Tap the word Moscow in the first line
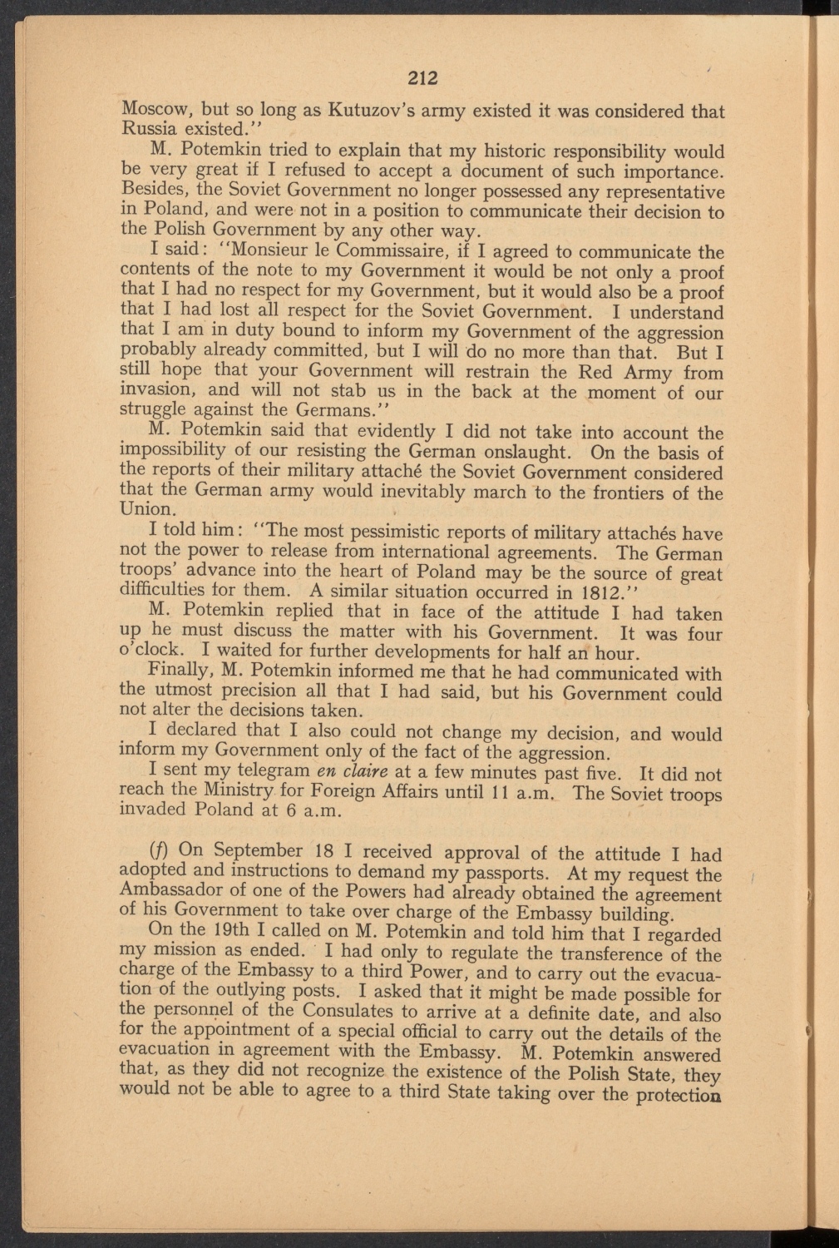(x=151, y=111)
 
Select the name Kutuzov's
(x=378, y=111)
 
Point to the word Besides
(x=152, y=191)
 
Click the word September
(x=254, y=852)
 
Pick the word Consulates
(x=350, y=1013)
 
